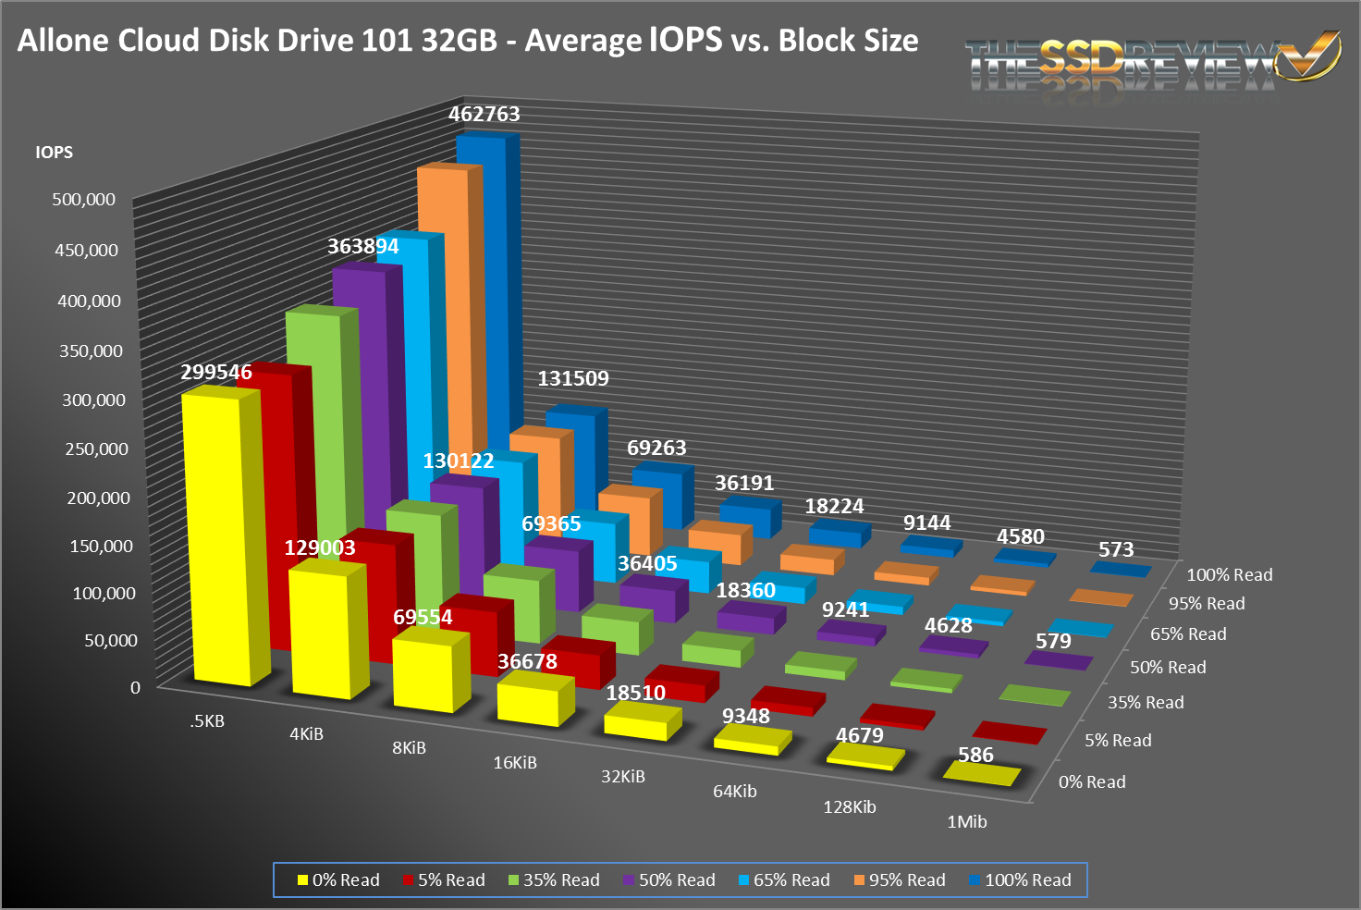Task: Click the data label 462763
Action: coord(484,114)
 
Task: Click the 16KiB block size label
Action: coord(515,762)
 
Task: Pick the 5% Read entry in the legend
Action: coord(444,879)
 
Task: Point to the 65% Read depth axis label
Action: coord(1188,633)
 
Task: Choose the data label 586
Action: coord(975,755)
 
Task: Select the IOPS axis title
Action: coord(54,152)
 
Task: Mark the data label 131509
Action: coord(573,378)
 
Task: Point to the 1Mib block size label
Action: coord(967,821)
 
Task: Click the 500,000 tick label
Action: coord(84,199)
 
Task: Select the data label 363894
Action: coord(363,246)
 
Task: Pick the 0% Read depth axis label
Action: coord(1092,781)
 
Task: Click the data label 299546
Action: coord(216,372)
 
